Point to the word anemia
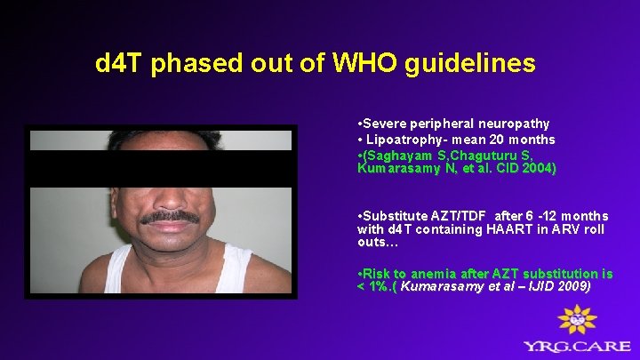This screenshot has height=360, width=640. (427, 274)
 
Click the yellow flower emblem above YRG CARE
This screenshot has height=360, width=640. (575, 319)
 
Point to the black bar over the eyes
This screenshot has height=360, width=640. (160, 168)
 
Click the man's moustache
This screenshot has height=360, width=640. (171, 217)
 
